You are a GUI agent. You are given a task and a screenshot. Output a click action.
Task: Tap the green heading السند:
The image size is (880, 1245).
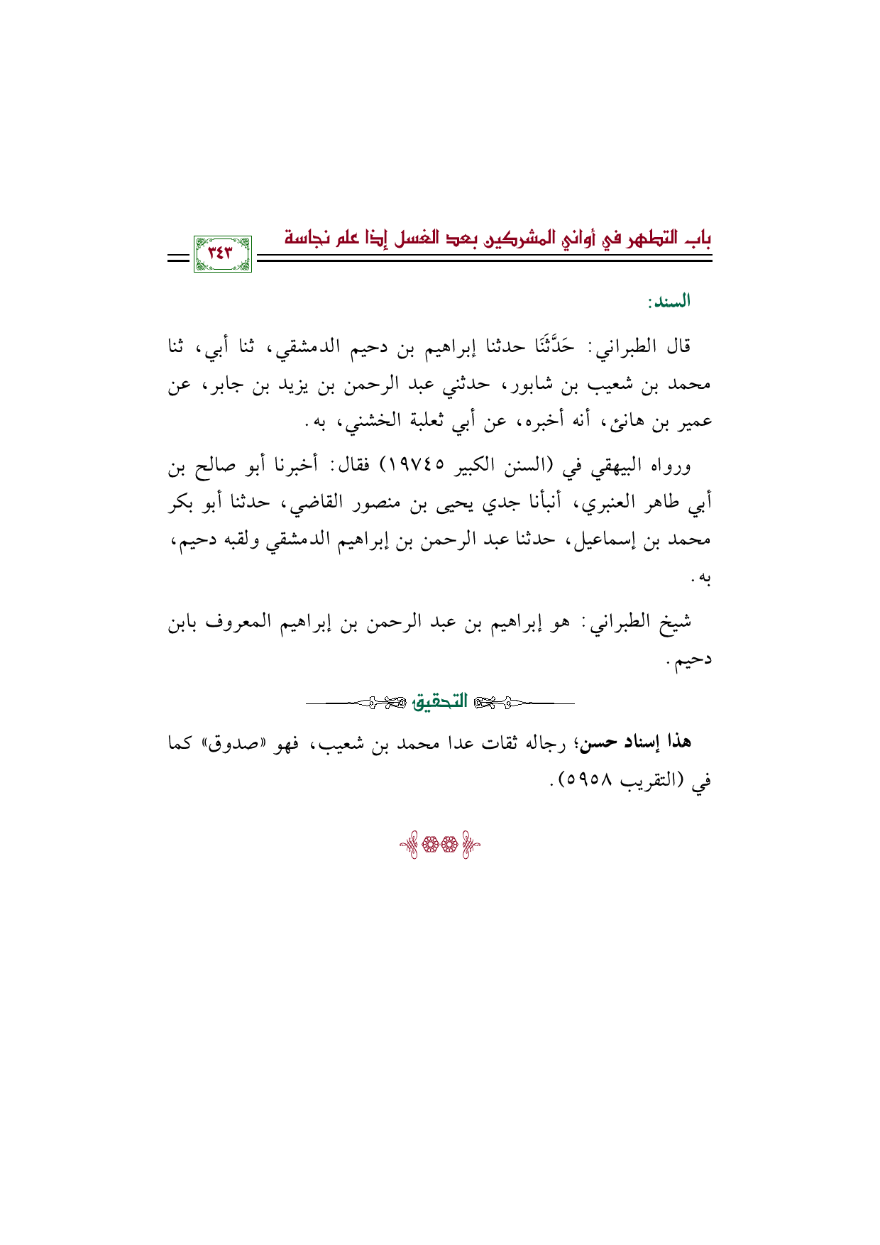669,302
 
